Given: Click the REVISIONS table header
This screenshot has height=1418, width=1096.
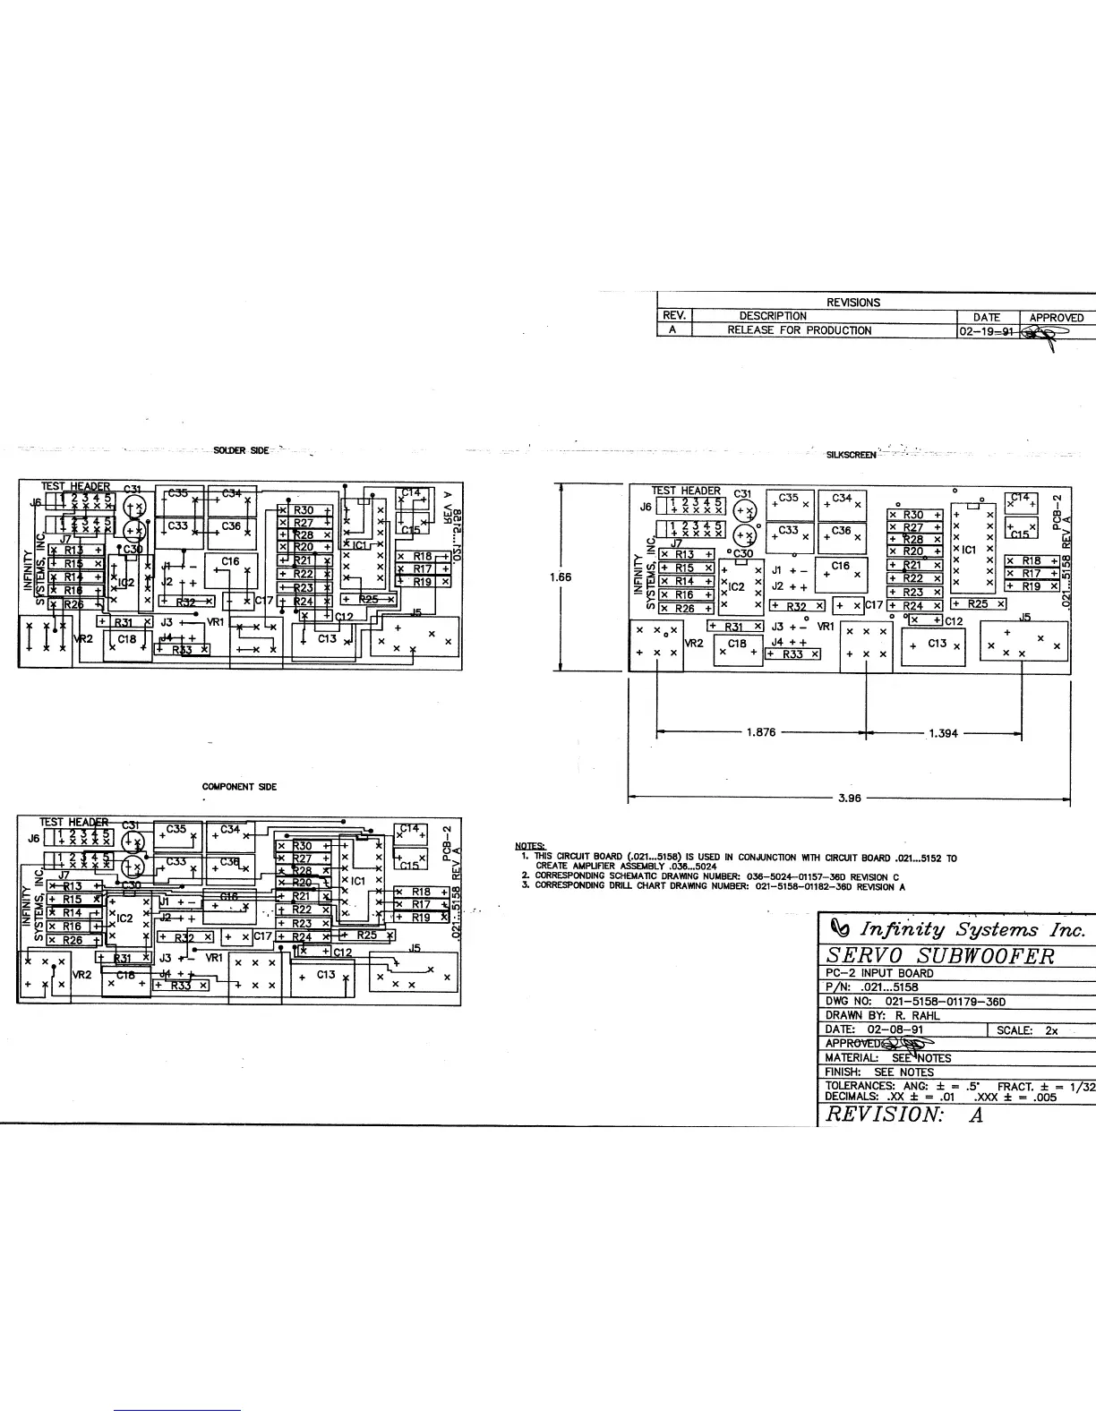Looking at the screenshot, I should (853, 303).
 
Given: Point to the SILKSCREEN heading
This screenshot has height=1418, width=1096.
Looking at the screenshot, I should (851, 455).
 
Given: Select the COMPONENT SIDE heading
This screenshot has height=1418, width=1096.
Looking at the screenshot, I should (239, 787).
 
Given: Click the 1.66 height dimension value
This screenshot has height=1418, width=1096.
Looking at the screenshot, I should (561, 577).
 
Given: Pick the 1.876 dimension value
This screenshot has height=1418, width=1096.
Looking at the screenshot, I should (760, 732).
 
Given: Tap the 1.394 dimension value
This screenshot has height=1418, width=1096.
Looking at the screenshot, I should (943, 733).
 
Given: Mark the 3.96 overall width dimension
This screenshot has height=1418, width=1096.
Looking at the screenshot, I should (848, 798).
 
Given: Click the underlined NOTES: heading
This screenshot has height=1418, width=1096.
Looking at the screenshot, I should (530, 847).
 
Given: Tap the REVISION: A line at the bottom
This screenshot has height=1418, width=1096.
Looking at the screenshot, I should (903, 1115).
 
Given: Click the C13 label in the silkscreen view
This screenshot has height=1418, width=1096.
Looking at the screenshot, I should (937, 644).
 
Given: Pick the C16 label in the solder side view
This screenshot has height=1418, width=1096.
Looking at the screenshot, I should (230, 561).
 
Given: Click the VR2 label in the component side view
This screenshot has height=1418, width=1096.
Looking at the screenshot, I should (81, 973).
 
